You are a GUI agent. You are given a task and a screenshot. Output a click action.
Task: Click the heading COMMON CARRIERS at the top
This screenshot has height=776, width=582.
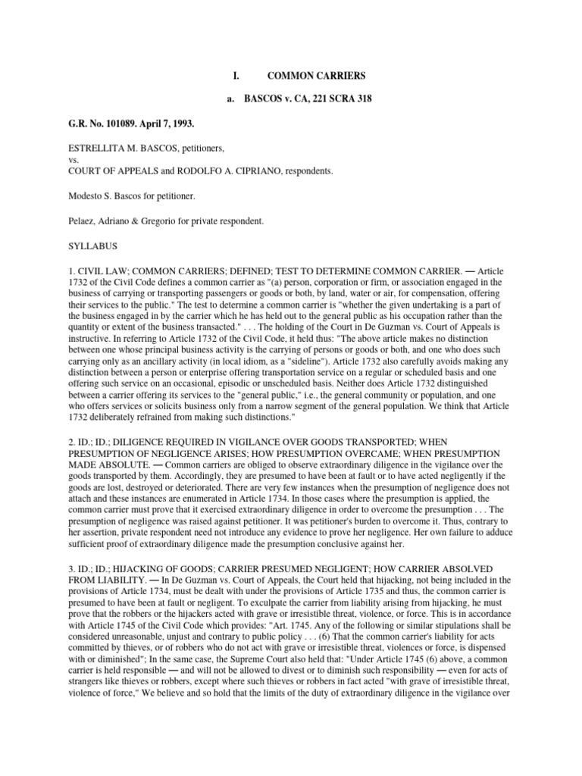(x=316, y=77)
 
